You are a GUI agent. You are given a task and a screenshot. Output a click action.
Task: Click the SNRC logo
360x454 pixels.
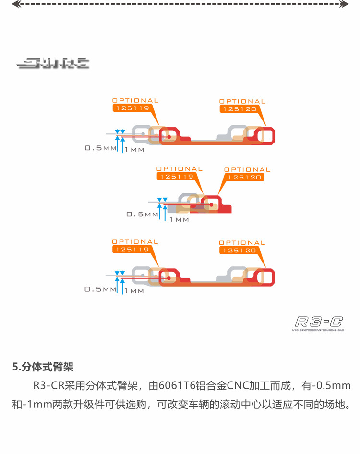click(53, 62)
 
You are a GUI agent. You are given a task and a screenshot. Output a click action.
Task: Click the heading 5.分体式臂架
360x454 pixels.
click(43, 367)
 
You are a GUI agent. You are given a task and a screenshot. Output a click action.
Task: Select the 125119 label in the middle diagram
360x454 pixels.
click(177, 177)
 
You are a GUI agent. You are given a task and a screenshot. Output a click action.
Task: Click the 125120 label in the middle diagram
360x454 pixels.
click(244, 177)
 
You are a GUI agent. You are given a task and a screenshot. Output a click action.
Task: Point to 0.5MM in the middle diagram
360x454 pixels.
click(142, 215)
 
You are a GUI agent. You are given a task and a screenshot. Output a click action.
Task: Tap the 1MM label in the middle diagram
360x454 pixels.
click(179, 220)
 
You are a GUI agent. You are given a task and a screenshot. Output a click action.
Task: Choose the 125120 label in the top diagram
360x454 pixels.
click(239, 109)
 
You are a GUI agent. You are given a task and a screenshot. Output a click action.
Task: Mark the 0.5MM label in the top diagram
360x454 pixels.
click(101, 148)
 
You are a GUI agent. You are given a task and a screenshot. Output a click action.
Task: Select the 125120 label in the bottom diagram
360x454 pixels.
click(239, 251)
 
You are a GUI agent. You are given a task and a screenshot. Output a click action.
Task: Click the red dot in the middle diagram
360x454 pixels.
click(211, 204)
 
